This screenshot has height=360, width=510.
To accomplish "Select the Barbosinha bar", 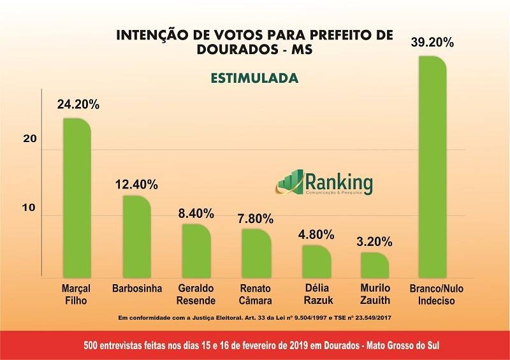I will coord(136,237).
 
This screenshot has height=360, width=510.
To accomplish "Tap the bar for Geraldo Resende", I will coord(196,251).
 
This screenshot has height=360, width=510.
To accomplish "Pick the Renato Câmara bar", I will coord(256,253).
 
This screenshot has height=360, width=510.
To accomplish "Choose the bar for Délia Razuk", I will coord(316,261).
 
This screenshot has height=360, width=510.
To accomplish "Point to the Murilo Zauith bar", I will coord(375,265).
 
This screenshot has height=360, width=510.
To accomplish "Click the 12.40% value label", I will coord(136,185).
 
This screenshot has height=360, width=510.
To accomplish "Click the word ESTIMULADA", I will coord(254,78).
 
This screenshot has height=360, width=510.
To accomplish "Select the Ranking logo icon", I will coord(289,182).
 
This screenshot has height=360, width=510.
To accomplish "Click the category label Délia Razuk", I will coord(316,294).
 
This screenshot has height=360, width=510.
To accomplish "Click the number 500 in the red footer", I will coord(92,345).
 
